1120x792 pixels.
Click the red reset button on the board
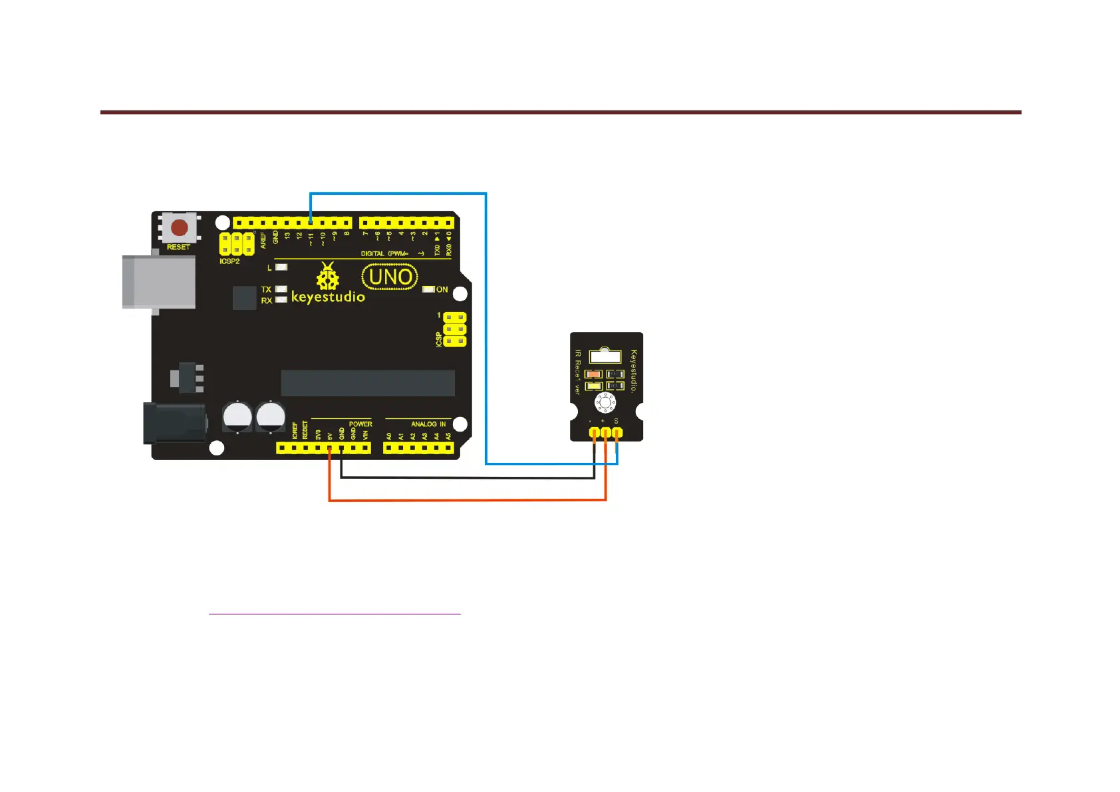pyautogui.click(x=179, y=228)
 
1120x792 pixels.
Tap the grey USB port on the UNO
pyautogui.click(x=159, y=282)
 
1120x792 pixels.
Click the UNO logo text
pyautogui.click(x=390, y=277)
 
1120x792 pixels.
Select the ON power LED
pyautogui.click(x=428, y=289)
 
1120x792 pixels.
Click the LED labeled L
pyautogui.click(x=281, y=267)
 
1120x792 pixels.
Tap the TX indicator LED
pyautogui.click(x=281, y=289)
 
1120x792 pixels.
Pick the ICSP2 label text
pyautogui.click(x=229, y=261)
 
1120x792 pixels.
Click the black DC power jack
pyautogui.click(x=174, y=423)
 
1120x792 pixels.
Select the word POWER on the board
pyautogui.click(x=360, y=424)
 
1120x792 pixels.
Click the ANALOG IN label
pyautogui.click(x=428, y=424)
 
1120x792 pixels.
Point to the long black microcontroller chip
pyautogui.click(x=368, y=383)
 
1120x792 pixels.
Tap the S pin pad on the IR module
pyautogui.click(x=617, y=433)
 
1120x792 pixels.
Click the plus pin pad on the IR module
pyautogui.click(x=605, y=433)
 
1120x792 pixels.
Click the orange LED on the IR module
pyautogui.click(x=593, y=374)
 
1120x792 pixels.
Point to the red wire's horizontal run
pyautogui.click(x=466, y=500)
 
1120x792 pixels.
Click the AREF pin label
pyautogui.click(x=263, y=240)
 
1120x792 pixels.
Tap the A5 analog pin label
pyautogui.click(x=448, y=436)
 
